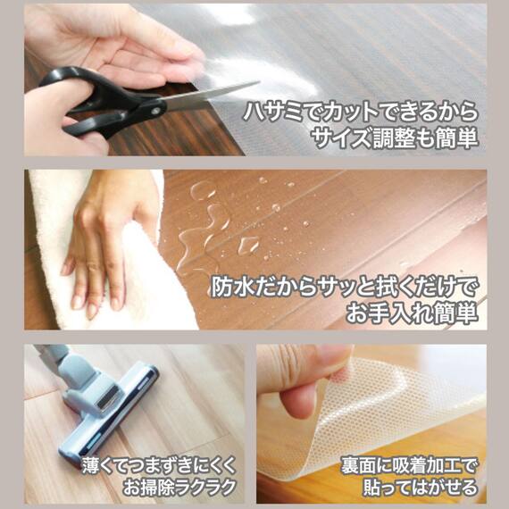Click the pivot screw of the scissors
click(x=155, y=111)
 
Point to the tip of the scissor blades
click(x=259, y=82)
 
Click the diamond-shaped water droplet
click(x=249, y=245)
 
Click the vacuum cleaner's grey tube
click(x=54, y=356)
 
